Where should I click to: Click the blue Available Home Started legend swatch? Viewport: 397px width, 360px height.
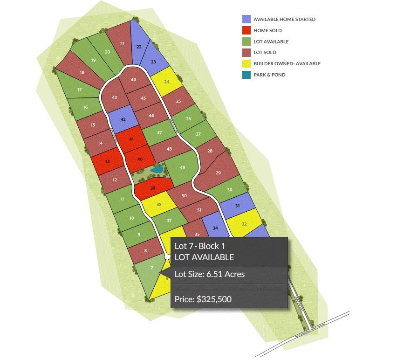(246, 20)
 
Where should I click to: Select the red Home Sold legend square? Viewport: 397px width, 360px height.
(246, 31)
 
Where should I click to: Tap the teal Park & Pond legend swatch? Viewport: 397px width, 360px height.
(246, 75)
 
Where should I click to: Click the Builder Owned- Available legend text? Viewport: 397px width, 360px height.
(287, 64)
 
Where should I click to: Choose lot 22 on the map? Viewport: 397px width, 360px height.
(139, 47)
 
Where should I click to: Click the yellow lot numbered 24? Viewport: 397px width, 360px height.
(166, 81)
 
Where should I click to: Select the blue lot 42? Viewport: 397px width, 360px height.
(123, 119)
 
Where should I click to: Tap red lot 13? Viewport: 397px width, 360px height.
(108, 161)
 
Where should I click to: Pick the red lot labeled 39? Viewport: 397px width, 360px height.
(153, 188)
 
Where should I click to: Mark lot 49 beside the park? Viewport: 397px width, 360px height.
(182, 168)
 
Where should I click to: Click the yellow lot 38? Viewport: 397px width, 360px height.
(159, 204)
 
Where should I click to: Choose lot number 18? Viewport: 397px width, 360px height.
(82, 72)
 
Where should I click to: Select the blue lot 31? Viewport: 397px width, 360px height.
(237, 206)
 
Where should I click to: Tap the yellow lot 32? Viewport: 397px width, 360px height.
(244, 224)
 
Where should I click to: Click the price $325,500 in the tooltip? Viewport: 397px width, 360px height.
(203, 299)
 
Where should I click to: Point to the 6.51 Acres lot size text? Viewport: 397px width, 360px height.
(209, 274)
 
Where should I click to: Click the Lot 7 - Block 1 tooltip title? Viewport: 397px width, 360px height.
(202, 246)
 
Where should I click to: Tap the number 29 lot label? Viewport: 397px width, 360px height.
(218, 173)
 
